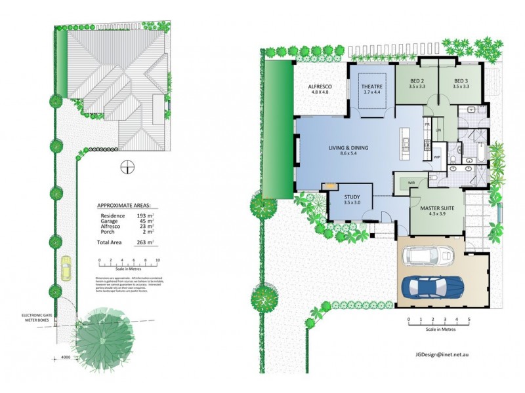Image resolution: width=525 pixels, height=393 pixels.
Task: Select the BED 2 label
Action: click(x=417, y=81)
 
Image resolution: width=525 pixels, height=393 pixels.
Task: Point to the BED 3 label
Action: click(x=461, y=81)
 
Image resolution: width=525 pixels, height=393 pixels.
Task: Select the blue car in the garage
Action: click(x=432, y=286)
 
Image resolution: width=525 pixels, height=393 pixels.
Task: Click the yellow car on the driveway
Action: click(x=66, y=268)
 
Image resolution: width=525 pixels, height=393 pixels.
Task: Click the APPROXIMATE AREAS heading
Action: click(x=127, y=205)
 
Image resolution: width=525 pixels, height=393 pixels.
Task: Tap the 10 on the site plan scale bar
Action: click(x=157, y=260)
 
